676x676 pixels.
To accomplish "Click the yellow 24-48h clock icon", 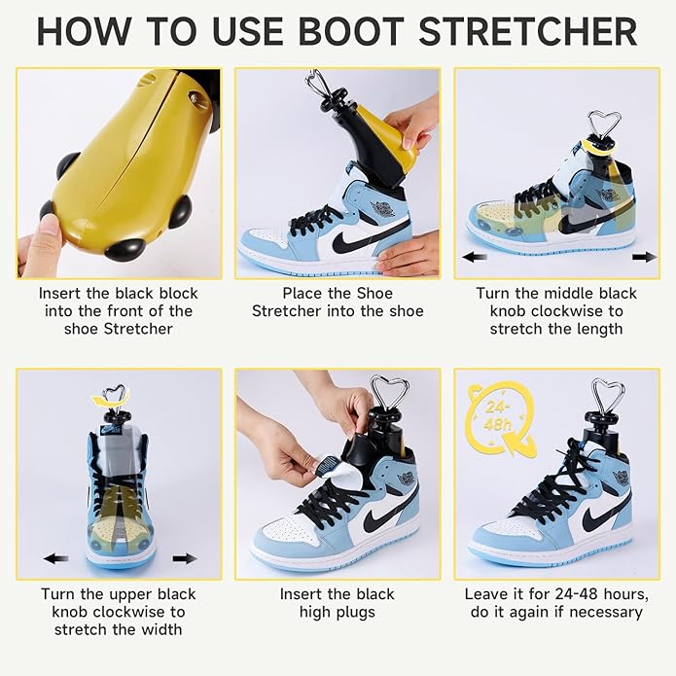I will point(500,419).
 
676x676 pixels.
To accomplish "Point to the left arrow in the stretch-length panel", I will point(476,258).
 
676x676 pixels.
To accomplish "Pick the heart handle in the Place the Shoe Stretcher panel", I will point(318,85).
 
